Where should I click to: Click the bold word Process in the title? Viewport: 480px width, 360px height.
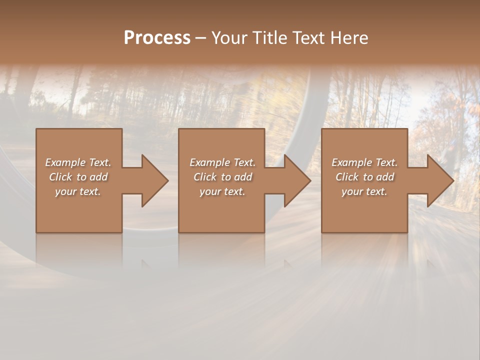157,38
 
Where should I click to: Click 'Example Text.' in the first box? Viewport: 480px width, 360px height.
78,162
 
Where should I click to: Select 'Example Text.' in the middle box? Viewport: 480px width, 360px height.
222,162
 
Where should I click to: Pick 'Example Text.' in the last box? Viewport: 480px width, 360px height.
364,162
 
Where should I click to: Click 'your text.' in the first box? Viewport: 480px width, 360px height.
78,191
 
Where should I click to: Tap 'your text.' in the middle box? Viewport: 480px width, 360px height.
222,191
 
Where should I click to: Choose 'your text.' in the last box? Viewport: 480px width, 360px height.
364,191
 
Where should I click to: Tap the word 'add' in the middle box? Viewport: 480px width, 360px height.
243,177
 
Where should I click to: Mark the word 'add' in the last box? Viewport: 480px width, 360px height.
385,177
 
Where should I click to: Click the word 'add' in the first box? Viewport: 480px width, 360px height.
98,177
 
